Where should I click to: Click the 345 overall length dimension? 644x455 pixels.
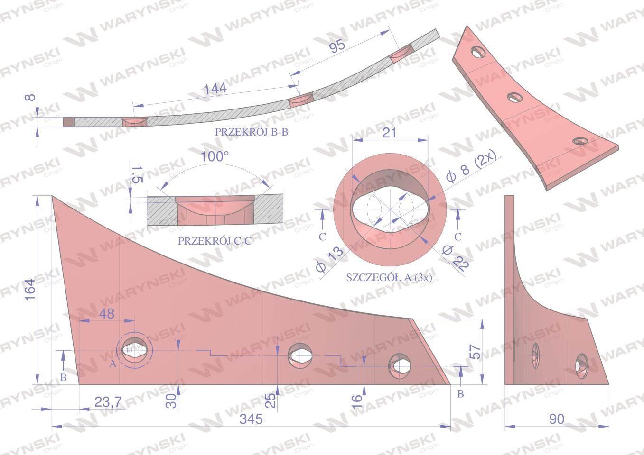251,419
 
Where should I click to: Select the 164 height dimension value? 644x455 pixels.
30,290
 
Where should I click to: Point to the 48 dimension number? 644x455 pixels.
107,314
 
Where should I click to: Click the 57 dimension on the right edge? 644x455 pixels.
475,351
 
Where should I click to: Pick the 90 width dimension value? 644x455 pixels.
557,419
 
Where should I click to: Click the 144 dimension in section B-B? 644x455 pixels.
215,89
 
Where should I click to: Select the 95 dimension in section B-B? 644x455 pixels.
337,46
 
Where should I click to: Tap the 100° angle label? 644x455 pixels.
215,157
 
